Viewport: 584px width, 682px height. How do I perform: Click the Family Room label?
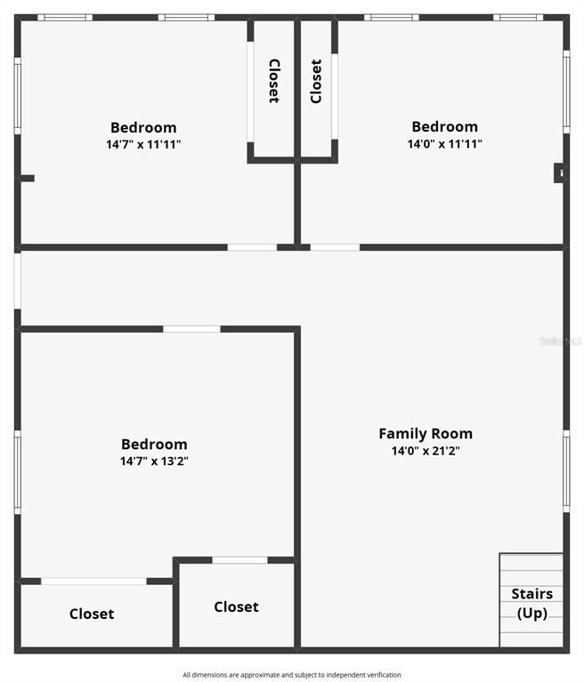(426, 434)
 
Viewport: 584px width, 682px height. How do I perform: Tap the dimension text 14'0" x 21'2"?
(426, 451)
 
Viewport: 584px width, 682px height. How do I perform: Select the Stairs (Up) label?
(531, 603)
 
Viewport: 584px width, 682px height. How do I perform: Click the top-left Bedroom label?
(143, 127)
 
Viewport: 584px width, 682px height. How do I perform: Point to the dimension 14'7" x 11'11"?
(143, 144)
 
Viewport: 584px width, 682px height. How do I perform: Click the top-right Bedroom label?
(444, 126)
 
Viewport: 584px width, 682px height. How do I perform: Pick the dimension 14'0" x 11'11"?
(444, 144)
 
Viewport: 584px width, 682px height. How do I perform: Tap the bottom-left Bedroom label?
(154, 445)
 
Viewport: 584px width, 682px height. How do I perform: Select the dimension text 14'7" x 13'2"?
(154, 461)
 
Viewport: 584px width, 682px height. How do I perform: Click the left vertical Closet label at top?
(274, 81)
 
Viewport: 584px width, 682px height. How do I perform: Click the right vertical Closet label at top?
(316, 81)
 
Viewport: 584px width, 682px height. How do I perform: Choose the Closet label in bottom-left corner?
(92, 614)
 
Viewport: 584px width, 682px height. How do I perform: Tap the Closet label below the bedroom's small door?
(236, 606)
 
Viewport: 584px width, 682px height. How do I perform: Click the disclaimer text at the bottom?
(292, 675)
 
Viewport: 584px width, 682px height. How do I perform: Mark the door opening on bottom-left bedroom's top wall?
(191, 329)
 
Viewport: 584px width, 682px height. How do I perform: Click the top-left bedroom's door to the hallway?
(252, 246)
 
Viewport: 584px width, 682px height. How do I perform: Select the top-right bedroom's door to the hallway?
(335, 246)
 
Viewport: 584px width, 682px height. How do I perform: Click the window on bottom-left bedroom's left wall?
(17, 472)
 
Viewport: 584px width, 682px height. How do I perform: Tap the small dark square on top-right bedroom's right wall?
(560, 173)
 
